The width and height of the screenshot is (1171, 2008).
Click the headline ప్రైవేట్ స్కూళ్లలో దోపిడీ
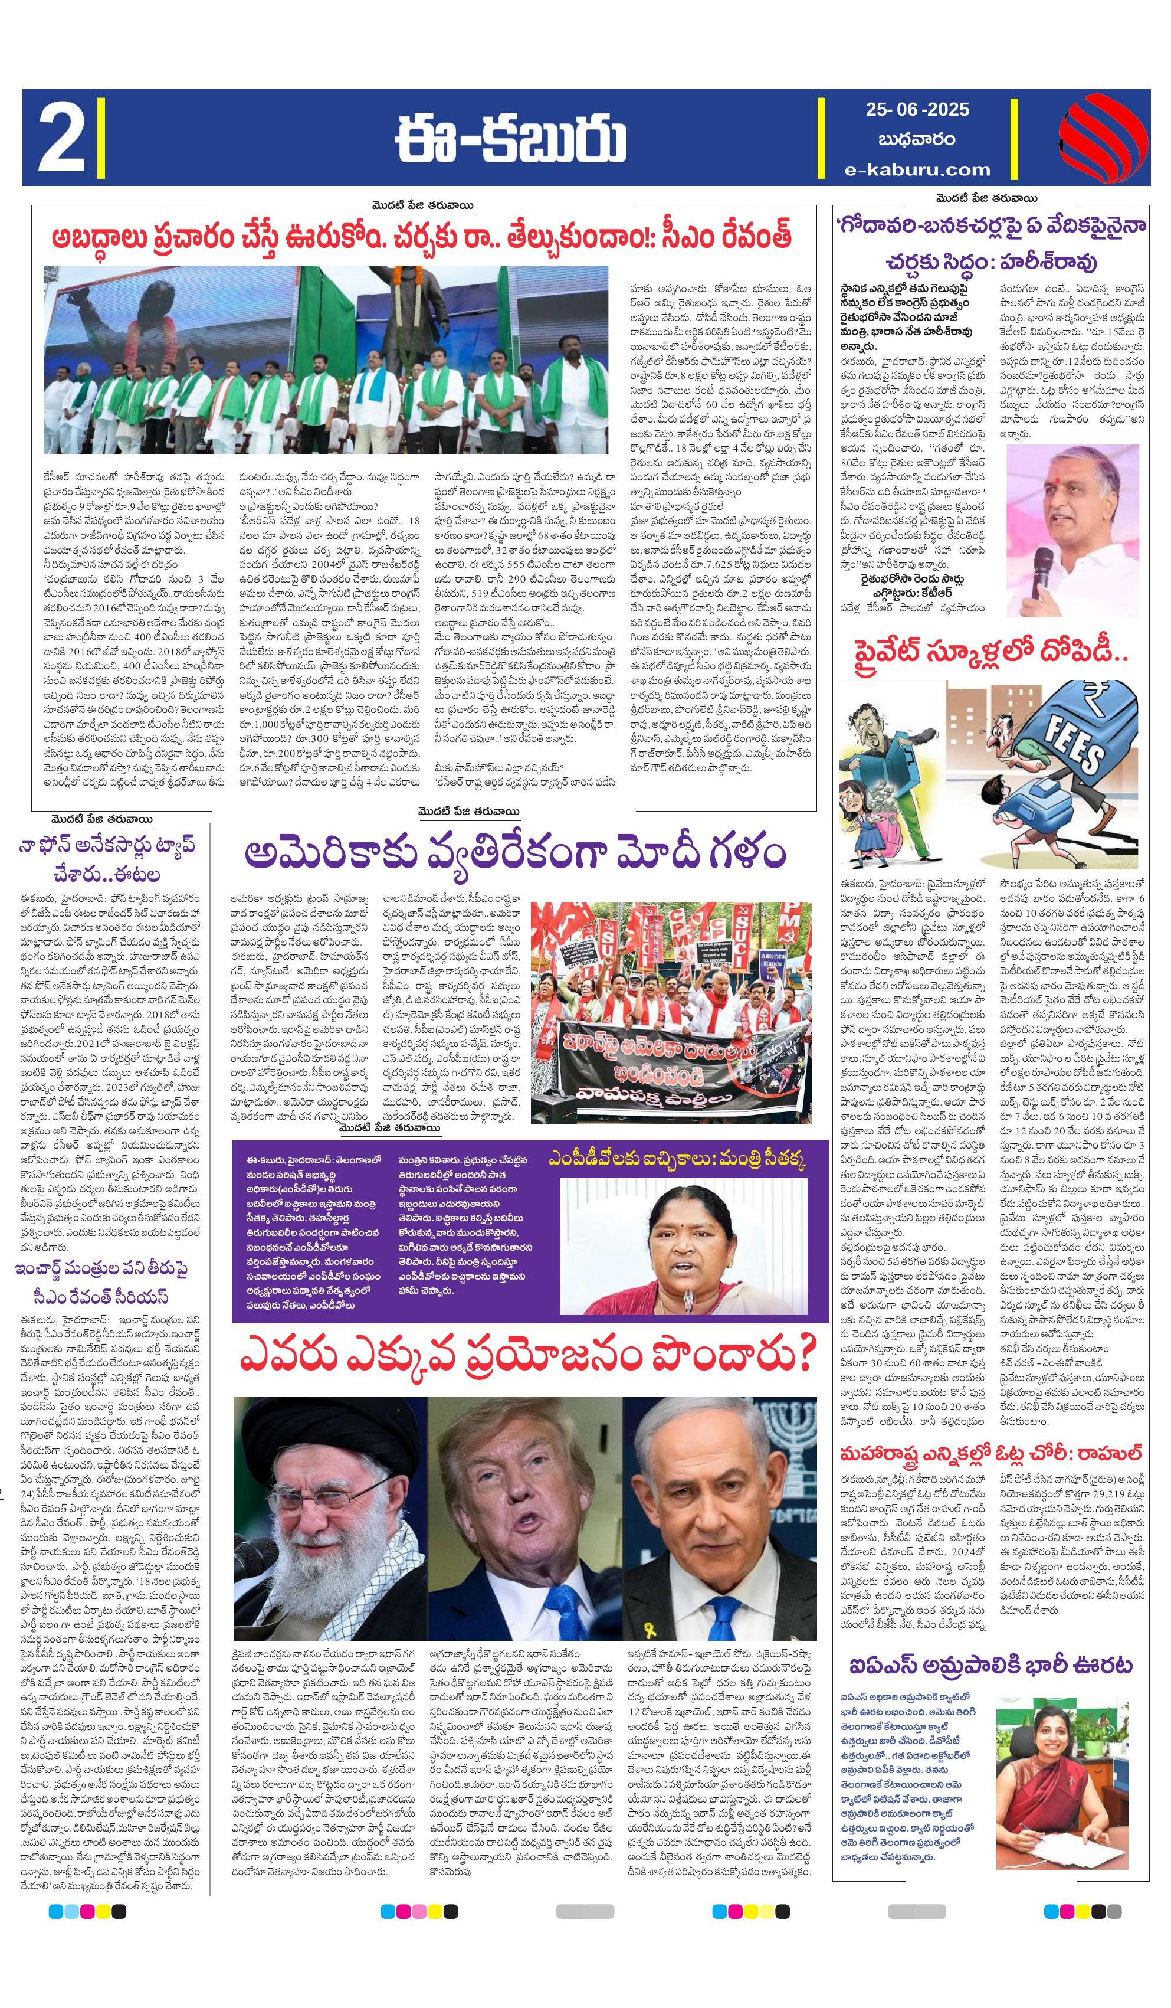coord(990,654)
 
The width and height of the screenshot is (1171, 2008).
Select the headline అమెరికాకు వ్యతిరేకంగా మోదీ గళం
coord(514,853)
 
